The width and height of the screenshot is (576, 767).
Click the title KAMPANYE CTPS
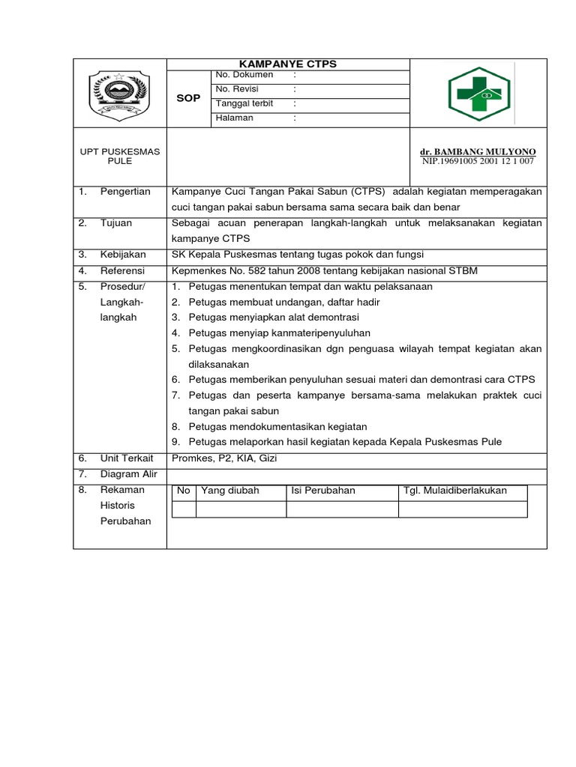[x=288, y=64]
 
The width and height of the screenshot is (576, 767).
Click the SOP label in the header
[x=188, y=99]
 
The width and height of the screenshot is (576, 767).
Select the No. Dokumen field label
[x=244, y=75]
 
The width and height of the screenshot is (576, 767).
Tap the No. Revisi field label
[x=237, y=89]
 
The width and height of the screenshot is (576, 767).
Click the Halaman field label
[x=234, y=118]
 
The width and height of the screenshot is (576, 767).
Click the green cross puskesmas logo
[x=478, y=95]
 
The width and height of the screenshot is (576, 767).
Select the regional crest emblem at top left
[x=120, y=95]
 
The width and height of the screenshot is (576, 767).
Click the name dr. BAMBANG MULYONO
[x=478, y=151]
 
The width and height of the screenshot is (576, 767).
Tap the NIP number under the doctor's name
[x=478, y=161]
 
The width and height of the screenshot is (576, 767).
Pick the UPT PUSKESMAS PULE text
[x=120, y=157]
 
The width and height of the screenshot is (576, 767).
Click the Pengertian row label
[x=125, y=192]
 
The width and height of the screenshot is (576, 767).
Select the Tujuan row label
[x=116, y=223]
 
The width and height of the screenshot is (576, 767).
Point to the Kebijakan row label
[x=123, y=255]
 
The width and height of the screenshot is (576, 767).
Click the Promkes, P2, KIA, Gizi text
[x=224, y=458]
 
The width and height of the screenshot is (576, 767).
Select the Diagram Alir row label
[x=128, y=473]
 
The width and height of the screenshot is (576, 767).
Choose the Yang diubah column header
[x=229, y=491]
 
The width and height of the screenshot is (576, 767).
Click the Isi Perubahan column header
[x=323, y=491]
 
